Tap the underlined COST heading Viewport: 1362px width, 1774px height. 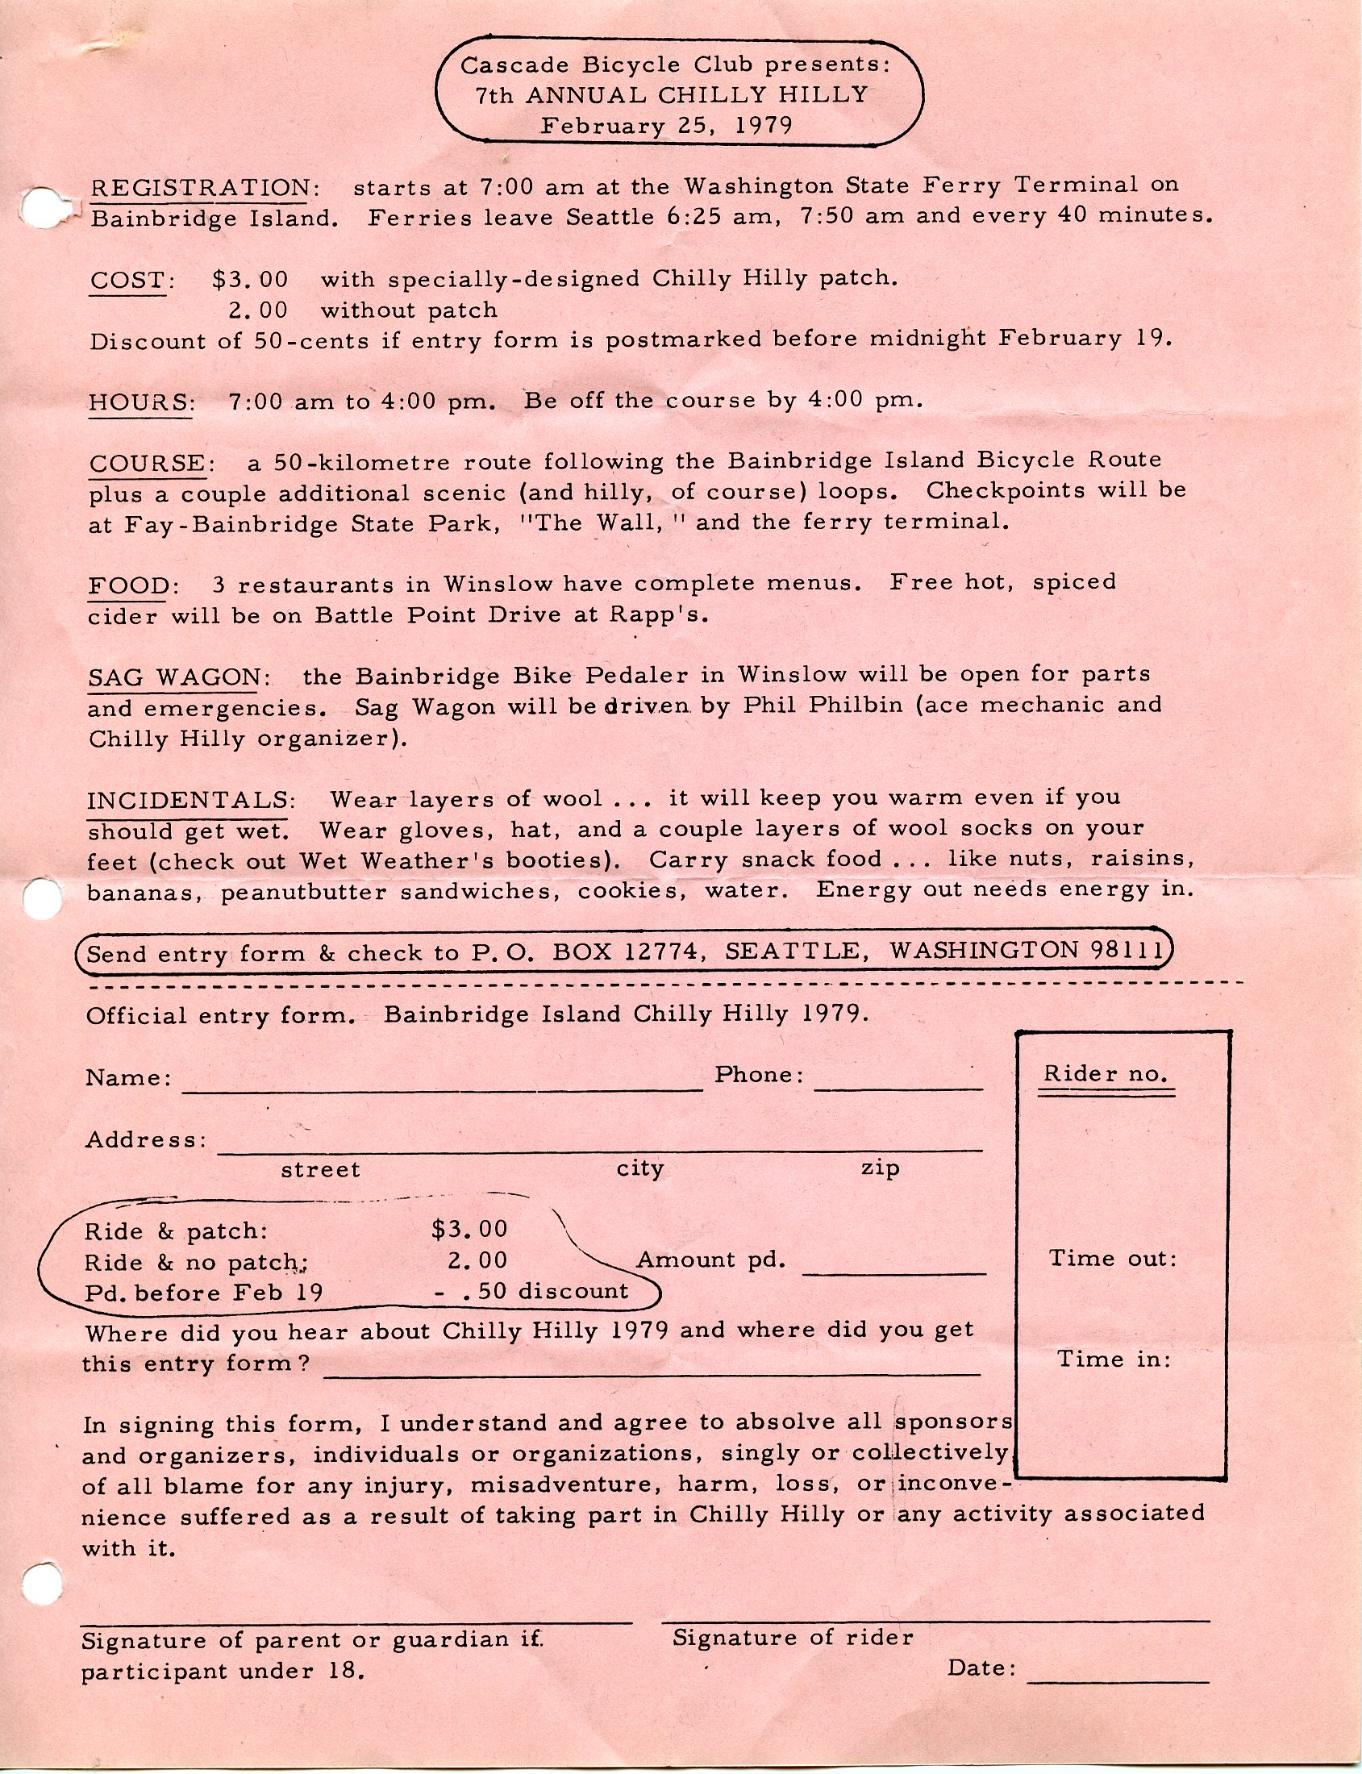coord(129,281)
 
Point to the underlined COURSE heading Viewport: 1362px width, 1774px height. coord(148,464)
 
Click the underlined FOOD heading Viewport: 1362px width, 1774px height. coord(127,585)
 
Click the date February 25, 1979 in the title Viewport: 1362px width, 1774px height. coord(666,126)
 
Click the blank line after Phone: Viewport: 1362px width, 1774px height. coord(898,1089)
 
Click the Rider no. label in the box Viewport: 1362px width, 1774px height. coord(1105,1074)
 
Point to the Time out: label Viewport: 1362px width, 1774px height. coord(1112,1259)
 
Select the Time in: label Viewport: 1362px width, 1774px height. coord(1114,1360)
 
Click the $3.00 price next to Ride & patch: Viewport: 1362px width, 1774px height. coord(469,1230)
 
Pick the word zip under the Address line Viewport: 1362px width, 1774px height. coord(880,1168)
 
